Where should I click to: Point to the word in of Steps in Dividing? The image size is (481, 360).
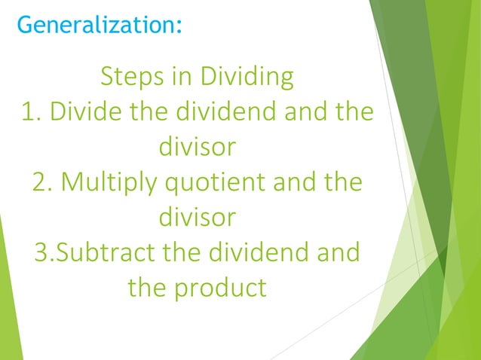[185, 77]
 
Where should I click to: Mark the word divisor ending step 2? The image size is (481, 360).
[198, 218]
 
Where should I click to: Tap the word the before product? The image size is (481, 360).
[151, 287]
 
